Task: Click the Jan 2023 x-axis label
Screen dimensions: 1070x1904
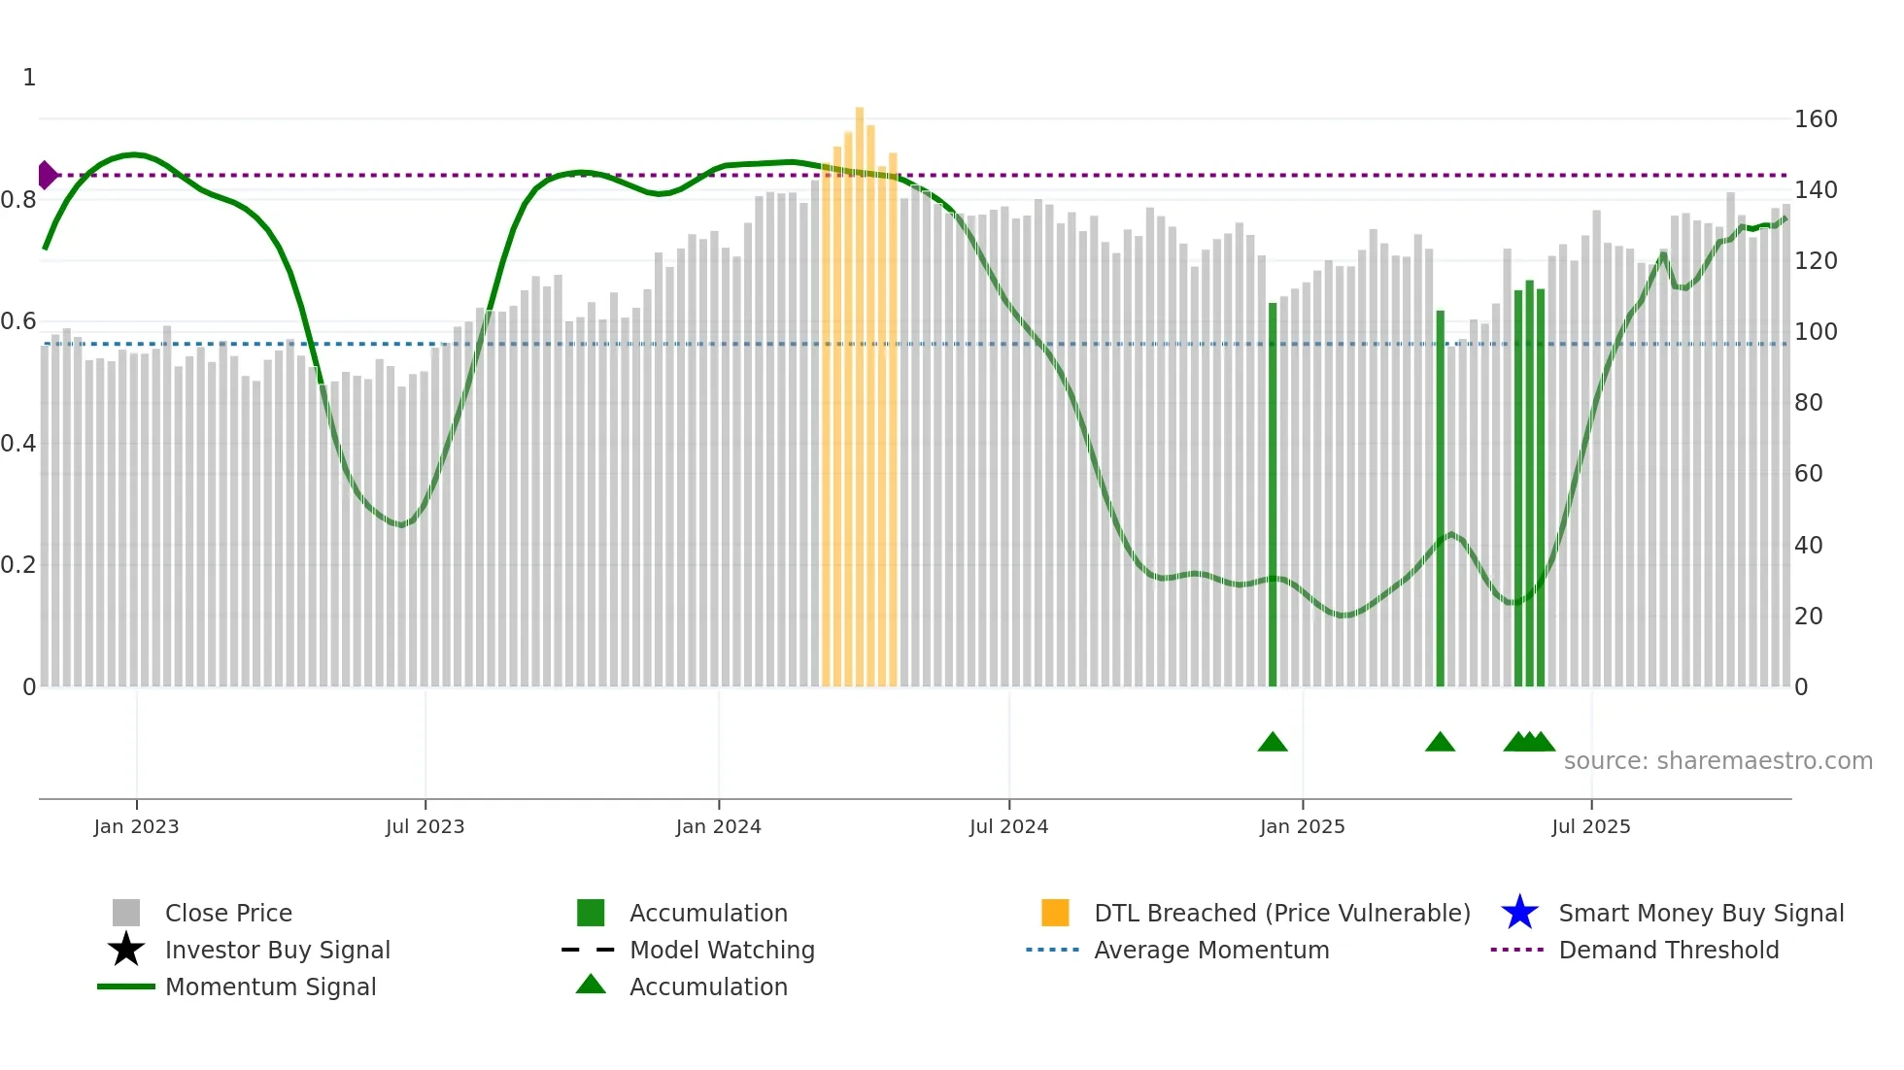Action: (x=136, y=826)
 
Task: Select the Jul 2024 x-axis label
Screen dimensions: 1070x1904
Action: (x=1008, y=826)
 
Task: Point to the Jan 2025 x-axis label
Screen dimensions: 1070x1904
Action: (x=1302, y=826)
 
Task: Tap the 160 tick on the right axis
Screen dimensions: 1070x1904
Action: (x=1816, y=119)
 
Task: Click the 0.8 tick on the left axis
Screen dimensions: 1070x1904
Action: (x=18, y=200)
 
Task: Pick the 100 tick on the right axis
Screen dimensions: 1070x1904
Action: (x=1816, y=332)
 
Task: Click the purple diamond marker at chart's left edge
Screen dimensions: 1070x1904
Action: (x=47, y=175)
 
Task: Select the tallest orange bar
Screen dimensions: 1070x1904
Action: (x=860, y=388)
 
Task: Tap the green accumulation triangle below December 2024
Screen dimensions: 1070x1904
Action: (x=1273, y=743)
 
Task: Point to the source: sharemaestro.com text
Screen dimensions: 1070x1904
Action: (x=1717, y=761)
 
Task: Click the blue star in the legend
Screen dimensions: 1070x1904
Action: (x=1519, y=913)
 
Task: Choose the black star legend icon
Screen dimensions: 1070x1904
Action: (x=126, y=950)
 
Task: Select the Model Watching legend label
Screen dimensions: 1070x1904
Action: (x=722, y=950)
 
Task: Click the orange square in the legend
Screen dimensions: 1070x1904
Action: (x=1055, y=913)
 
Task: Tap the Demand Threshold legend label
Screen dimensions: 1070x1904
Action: (x=1668, y=950)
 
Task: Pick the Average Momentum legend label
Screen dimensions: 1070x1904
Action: (x=1211, y=950)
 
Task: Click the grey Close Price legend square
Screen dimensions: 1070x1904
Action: (x=126, y=913)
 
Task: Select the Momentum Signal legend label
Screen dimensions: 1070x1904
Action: (x=270, y=986)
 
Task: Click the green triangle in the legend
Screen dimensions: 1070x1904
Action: (x=591, y=985)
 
